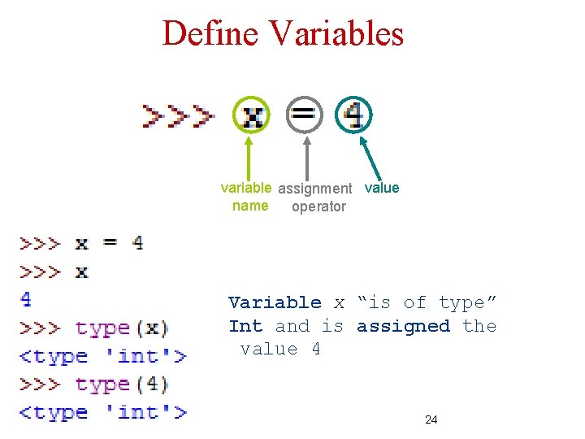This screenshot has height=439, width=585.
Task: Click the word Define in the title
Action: tap(210, 34)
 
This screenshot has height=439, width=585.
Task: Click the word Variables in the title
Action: tap(336, 34)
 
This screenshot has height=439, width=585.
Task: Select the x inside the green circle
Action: tap(253, 116)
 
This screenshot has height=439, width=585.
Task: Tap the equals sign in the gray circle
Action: tap(305, 115)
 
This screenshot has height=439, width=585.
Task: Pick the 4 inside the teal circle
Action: tap(354, 115)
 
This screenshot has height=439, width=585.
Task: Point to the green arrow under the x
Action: tap(248, 159)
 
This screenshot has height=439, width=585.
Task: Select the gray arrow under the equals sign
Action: tap(305, 159)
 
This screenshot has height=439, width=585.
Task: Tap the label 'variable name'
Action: tap(249, 197)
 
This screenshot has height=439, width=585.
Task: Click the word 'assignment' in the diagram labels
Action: tap(315, 189)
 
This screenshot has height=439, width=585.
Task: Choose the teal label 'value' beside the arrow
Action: tap(382, 188)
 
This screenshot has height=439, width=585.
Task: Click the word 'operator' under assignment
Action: tap(318, 206)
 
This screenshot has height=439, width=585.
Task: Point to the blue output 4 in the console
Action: tap(26, 298)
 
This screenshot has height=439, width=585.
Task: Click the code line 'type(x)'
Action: tap(122, 328)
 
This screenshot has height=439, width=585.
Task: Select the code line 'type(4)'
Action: tap(122, 384)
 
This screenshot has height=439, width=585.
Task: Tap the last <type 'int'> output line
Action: tap(103, 412)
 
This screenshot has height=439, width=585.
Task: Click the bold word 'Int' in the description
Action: tap(245, 326)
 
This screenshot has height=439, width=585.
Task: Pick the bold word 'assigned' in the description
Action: tap(403, 326)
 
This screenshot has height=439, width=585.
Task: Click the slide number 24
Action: tap(431, 419)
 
